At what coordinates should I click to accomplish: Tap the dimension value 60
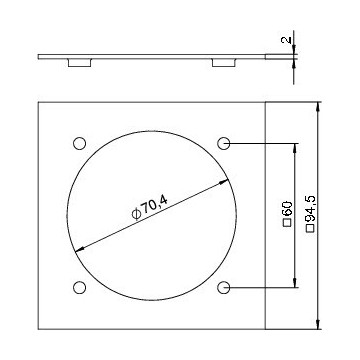[287, 209]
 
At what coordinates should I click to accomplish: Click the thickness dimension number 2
[287, 39]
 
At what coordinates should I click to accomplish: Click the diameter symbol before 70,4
[136, 214]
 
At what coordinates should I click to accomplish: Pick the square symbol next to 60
[287, 223]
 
